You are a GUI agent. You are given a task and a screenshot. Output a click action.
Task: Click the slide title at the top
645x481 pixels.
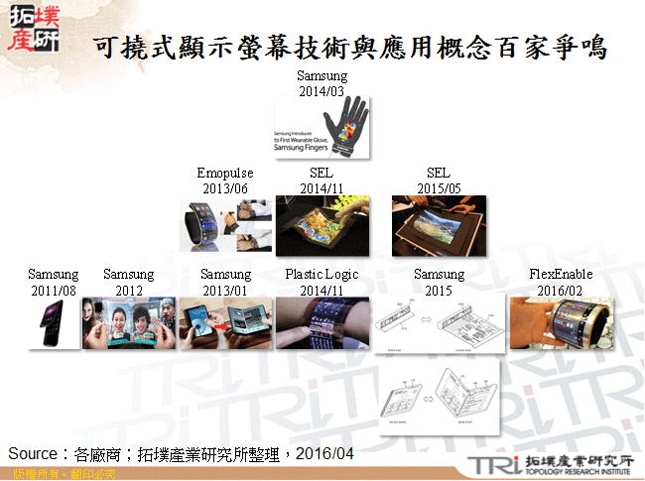tap(347, 47)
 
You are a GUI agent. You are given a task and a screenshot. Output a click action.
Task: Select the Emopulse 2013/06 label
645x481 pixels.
tap(224, 181)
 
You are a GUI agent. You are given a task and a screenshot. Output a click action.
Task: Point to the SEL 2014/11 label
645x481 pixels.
tap(322, 181)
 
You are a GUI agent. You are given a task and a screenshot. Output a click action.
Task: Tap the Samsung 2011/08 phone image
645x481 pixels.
tap(54, 323)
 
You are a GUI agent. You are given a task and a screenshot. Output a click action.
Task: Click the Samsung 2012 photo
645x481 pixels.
tap(128, 323)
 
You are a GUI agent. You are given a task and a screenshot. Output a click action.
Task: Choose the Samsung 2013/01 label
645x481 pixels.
tap(225, 282)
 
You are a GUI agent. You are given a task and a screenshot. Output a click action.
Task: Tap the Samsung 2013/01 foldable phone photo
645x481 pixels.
tap(225, 323)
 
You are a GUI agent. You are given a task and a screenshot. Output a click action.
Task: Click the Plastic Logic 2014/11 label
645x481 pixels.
tap(322, 282)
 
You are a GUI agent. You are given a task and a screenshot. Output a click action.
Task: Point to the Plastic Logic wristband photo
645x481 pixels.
tap(322, 323)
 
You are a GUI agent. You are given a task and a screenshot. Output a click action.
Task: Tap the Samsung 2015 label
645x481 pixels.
tap(439, 282)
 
